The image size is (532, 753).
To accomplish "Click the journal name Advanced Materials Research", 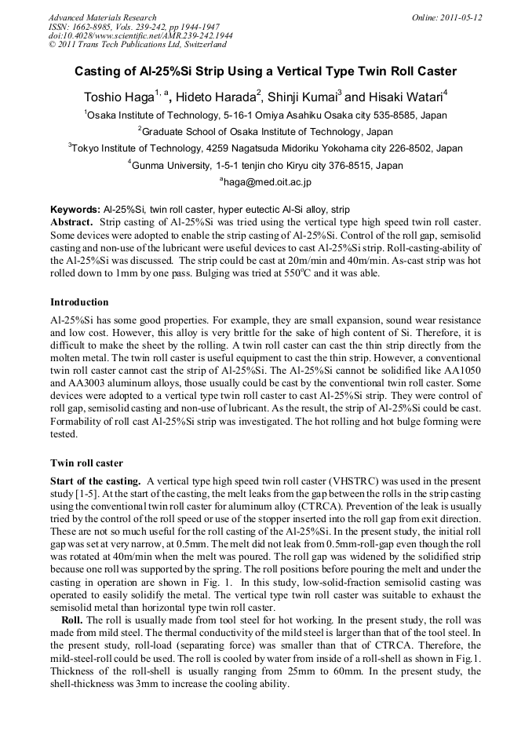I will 102,17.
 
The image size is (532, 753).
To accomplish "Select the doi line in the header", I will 140,36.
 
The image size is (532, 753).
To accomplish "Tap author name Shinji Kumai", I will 302,98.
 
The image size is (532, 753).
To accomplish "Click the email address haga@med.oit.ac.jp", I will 267,182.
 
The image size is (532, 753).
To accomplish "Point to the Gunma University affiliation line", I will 265,166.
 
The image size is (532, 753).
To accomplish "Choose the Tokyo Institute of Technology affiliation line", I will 265,148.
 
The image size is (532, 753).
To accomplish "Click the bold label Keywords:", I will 75,210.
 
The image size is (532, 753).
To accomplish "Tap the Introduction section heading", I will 79,302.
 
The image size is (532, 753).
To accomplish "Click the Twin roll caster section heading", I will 86,463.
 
